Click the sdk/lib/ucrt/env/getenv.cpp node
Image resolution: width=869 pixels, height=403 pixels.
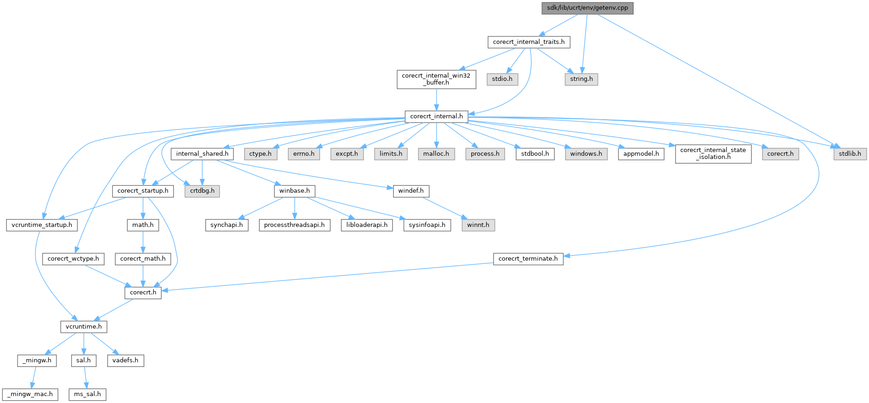pos(587,8)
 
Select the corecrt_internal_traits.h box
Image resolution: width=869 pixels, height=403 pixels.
pos(529,42)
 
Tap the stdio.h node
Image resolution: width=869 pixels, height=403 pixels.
pos(502,79)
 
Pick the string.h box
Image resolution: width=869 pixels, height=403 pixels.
pos(581,79)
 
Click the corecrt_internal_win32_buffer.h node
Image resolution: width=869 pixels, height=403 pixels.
pos(436,79)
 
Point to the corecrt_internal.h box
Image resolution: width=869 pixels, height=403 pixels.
pos(437,116)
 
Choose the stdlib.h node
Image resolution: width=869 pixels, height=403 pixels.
pos(850,154)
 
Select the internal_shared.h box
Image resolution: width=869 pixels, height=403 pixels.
pos(202,154)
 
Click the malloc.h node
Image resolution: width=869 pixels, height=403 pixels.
pos(436,154)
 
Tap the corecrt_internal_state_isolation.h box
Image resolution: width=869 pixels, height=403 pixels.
pos(713,153)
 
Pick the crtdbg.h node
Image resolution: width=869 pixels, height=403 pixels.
pos(202,191)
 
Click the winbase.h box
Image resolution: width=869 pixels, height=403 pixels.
pos(295,191)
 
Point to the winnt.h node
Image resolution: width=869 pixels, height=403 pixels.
pos(478,225)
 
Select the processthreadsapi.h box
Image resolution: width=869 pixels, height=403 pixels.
pos(295,225)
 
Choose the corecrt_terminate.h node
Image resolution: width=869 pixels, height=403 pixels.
pos(528,259)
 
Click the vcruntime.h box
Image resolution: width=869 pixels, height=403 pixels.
pos(84,327)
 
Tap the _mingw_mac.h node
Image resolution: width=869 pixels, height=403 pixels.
pos(30,395)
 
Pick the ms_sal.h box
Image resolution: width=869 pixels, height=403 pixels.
pos(87,395)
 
